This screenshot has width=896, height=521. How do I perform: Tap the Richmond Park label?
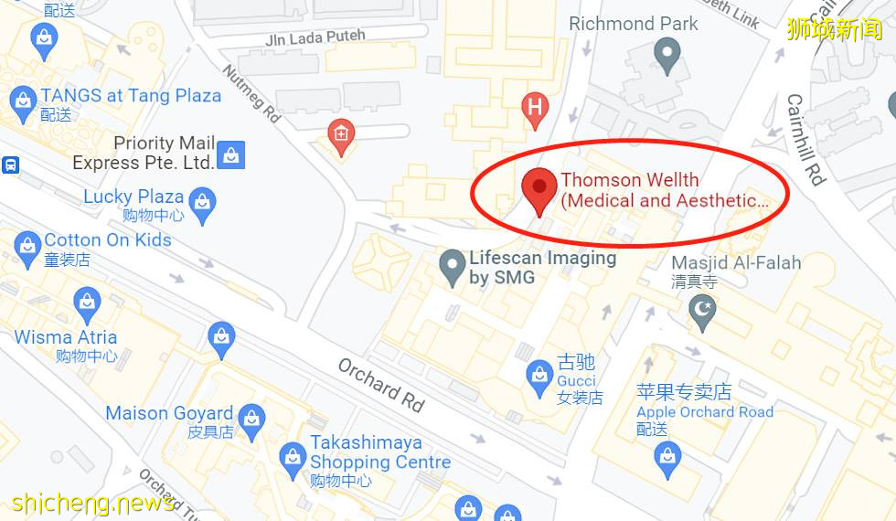coord(634,24)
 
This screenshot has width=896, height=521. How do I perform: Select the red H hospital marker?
coord(535,109)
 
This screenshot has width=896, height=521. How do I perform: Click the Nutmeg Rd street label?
coord(251,94)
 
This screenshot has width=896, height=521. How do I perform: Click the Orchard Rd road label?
coord(382,383)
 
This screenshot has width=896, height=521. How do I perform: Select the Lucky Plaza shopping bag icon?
coord(203,203)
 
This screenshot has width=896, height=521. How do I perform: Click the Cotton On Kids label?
coord(108,240)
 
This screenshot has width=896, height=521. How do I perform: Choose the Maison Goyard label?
coord(169,413)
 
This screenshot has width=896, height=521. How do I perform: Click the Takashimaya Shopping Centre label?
coord(379,452)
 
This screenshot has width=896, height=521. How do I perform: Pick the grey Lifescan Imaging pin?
coord(452,266)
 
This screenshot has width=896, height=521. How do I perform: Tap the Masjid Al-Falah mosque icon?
coord(702,311)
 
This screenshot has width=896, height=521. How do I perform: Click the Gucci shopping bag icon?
coord(539,374)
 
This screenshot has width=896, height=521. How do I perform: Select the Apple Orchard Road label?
coord(705,412)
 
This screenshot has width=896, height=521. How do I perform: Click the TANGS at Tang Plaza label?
coord(131,96)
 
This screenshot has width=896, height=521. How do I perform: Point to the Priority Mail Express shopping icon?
coord(231,154)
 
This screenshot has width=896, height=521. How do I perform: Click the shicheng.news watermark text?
coord(91,503)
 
